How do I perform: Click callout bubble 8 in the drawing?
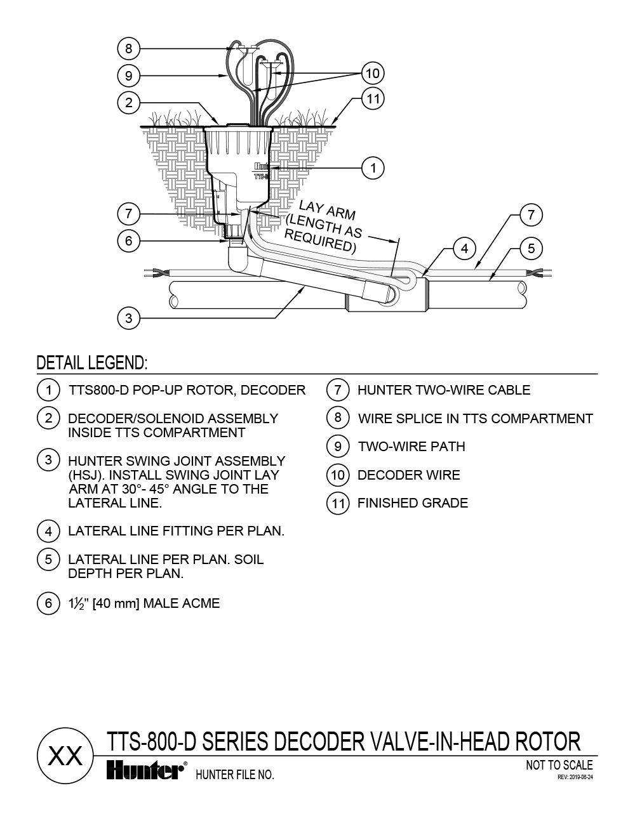point(129,48)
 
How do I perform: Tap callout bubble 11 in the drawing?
point(373,99)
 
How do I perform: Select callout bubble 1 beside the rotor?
point(373,168)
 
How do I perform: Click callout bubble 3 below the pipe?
point(129,317)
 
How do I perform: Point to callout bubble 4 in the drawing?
point(465,249)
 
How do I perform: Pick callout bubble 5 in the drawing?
point(531,249)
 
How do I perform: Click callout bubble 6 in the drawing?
point(129,241)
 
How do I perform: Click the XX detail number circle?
point(65,755)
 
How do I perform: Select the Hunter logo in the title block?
point(145,770)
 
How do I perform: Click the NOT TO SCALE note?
point(559,765)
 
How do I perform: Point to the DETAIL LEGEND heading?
point(92,364)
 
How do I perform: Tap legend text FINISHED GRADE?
point(412,503)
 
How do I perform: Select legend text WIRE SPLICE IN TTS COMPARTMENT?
point(475,419)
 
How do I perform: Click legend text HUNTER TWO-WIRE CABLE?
point(443,390)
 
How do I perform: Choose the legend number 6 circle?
point(48,603)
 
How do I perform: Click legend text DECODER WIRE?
point(408,475)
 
